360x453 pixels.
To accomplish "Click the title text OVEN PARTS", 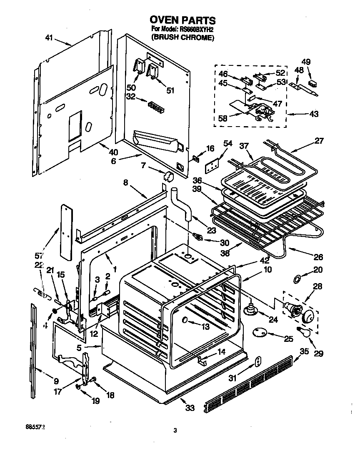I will pyautogui.click(x=182, y=20).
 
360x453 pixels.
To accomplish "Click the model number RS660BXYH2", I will pyautogui.click(x=194, y=29).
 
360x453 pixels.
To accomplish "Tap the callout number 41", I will pyautogui.click(x=49, y=38).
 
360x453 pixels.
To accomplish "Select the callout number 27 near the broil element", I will pyautogui.click(x=319, y=141).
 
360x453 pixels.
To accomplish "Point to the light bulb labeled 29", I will pyautogui.click(x=302, y=331).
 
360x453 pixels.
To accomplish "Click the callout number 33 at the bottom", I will pyautogui.click(x=190, y=408).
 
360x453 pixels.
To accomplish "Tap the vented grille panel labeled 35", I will pyautogui.click(x=250, y=385).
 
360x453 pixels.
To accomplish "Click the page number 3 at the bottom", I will pyautogui.click(x=175, y=431).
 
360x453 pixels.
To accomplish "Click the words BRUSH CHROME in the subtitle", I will pyautogui.click(x=182, y=37).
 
